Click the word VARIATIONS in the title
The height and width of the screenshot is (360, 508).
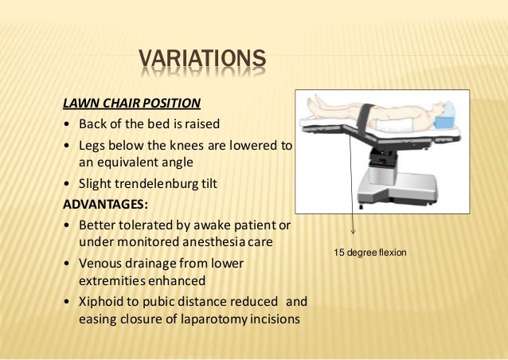pos(201,60)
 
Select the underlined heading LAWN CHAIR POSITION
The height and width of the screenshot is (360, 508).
pos(131,103)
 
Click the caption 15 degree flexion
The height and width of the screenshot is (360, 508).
pos(370,252)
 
